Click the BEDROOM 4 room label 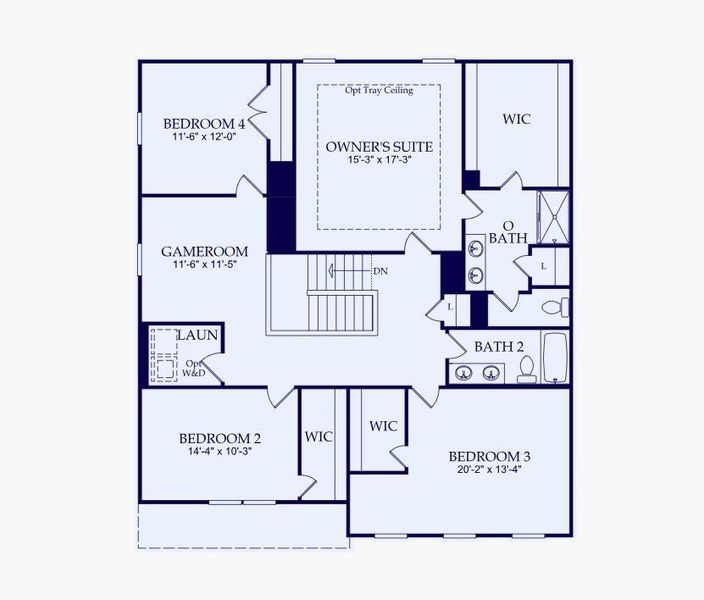click(204, 124)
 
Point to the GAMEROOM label click(204, 251)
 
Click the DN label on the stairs click(380, 271)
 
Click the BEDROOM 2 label click(220, 438)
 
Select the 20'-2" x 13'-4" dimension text click(490, 471)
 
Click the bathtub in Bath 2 click(555, 357)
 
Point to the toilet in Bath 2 click(526, 369)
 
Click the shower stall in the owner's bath click(553, 216)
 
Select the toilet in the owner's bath click(556, 305)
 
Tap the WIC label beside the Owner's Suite click(516, 119)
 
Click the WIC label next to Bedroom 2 click(318, 437)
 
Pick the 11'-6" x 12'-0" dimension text click(204, 137)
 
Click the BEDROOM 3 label click(490, 457)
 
